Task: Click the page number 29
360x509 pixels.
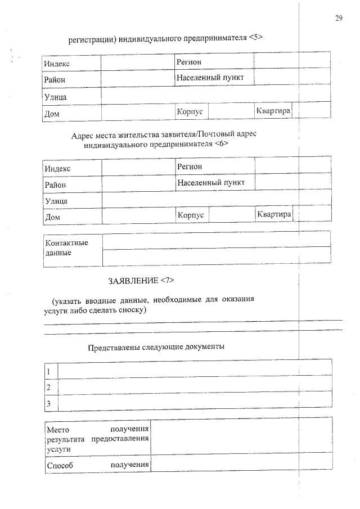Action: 339,19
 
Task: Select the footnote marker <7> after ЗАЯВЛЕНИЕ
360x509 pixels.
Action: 170,280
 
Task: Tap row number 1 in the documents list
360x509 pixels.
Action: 49,372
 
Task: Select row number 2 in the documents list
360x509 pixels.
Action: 49,388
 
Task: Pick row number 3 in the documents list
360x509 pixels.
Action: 49,403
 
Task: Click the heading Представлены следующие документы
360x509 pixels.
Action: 156,346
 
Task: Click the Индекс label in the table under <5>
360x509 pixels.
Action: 57,64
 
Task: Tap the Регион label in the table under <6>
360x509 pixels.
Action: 190,166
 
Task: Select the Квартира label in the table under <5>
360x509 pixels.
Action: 273,111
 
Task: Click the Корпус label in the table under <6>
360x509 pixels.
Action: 190,215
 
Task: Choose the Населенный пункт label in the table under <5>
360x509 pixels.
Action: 210,78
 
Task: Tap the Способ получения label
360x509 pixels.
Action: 98,465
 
